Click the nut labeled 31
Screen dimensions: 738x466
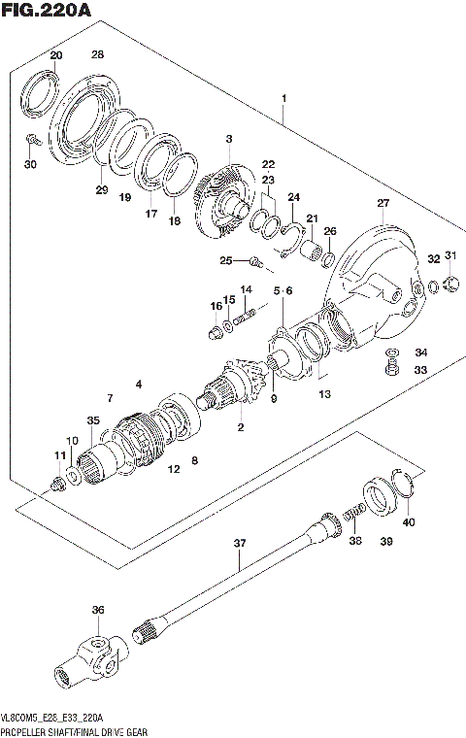449,284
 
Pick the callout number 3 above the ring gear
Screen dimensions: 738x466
228,140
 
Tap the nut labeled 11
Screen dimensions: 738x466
60,481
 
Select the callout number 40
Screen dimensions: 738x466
408,523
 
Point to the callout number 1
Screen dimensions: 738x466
283,99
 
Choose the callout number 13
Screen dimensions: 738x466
324,394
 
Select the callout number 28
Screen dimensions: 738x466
97,54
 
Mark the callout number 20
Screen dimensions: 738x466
56,54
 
